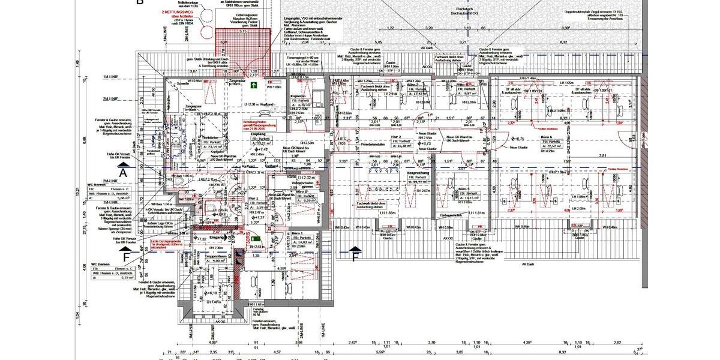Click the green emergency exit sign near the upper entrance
(x=254, y=86)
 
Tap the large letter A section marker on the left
(x=123, y=172)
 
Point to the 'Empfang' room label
(x=258, y=134)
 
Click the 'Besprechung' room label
(x=417, y=173)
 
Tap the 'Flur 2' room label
(x=413, y=137)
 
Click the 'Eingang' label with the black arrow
(x=217, y=238)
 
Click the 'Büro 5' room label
(x=463, y=188)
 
